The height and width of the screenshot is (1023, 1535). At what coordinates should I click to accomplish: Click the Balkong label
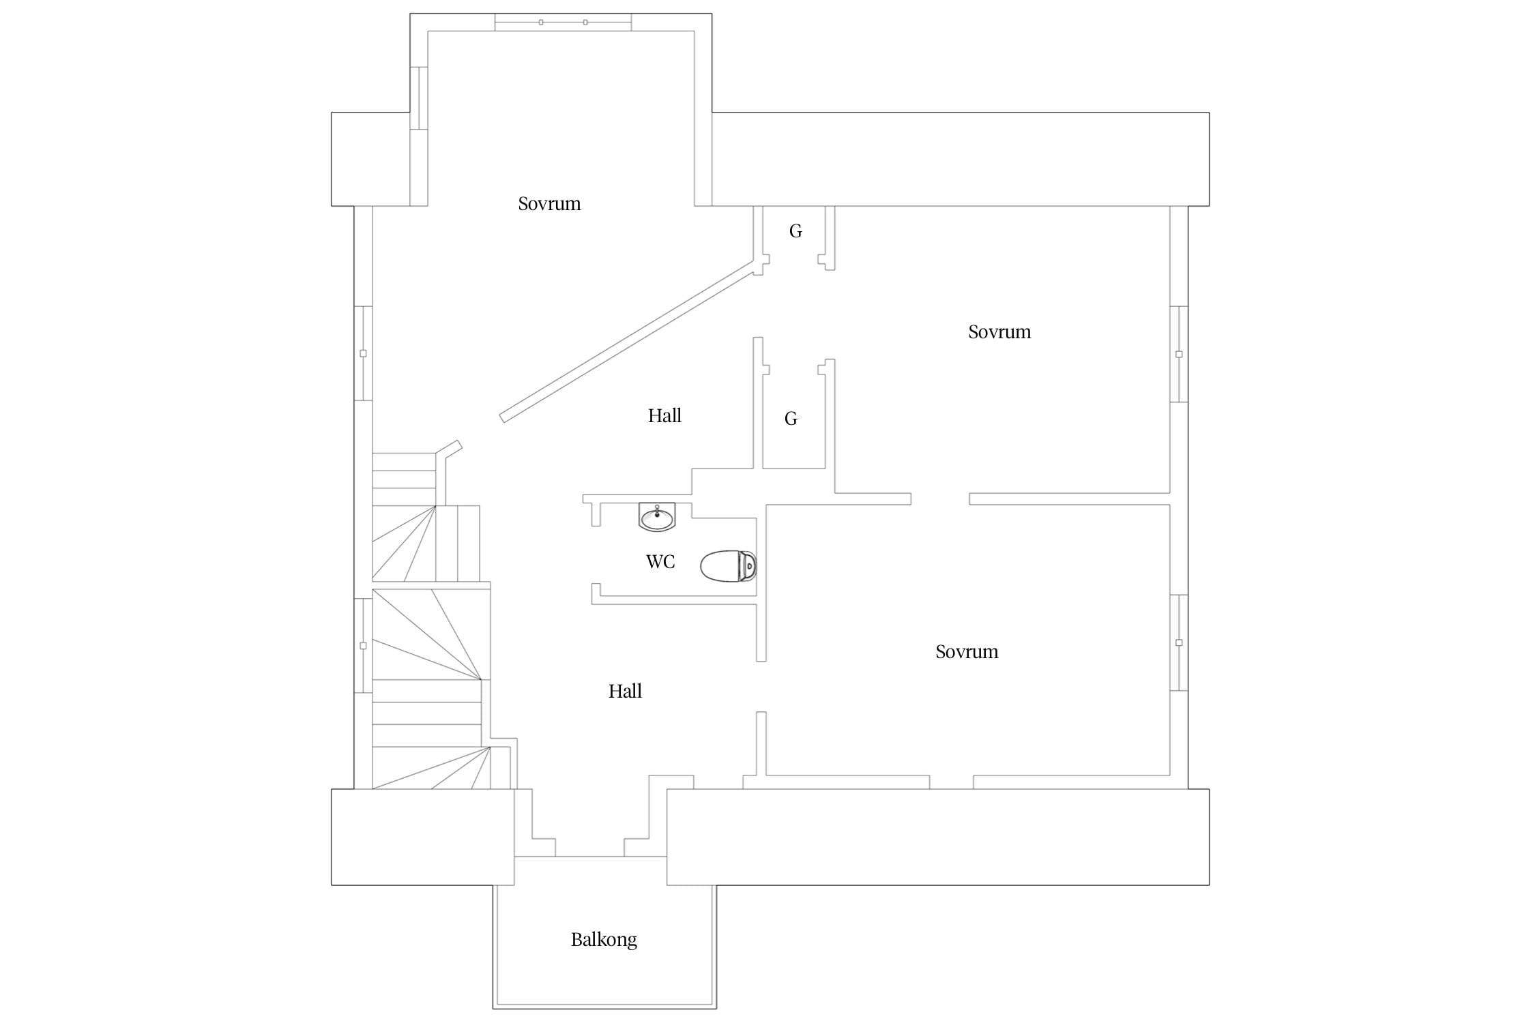pos(604,940)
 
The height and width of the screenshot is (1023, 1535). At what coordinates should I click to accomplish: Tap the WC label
pos(660,561)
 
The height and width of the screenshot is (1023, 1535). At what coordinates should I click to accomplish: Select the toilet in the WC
pos(729,565)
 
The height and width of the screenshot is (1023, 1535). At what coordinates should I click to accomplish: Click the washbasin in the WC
pos(657,517)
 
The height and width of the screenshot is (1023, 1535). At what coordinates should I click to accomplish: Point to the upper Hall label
pos(664,415)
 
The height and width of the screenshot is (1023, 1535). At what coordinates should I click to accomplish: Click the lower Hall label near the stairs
pos(625,691)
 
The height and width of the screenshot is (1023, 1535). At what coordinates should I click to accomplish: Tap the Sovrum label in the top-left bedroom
pos(549,203)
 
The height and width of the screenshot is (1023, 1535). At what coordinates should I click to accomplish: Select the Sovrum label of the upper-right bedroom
pos(999,331)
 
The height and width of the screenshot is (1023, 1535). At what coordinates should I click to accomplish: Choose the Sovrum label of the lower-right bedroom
pos(967,651)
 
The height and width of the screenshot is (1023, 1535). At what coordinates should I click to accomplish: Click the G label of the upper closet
pos(795,231)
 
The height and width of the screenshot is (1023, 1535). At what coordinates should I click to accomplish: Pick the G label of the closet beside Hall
pos(791,418)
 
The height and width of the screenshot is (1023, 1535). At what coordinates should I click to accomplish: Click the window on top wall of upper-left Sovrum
pos(563,23)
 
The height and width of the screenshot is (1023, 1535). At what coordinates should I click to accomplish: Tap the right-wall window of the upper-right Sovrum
pos(1179,354)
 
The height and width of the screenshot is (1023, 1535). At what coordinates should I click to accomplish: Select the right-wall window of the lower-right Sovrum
pos(1179,642)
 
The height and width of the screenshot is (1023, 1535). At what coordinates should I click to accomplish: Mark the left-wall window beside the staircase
pos(363,645)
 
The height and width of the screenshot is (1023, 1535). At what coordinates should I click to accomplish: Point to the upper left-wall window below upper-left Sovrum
pos(363,353)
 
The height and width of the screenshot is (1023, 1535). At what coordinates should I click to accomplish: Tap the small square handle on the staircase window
pos(363,645)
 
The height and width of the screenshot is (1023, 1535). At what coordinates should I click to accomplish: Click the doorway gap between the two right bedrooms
pos(940,499)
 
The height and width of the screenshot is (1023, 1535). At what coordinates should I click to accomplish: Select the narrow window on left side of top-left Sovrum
pos(419,98)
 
